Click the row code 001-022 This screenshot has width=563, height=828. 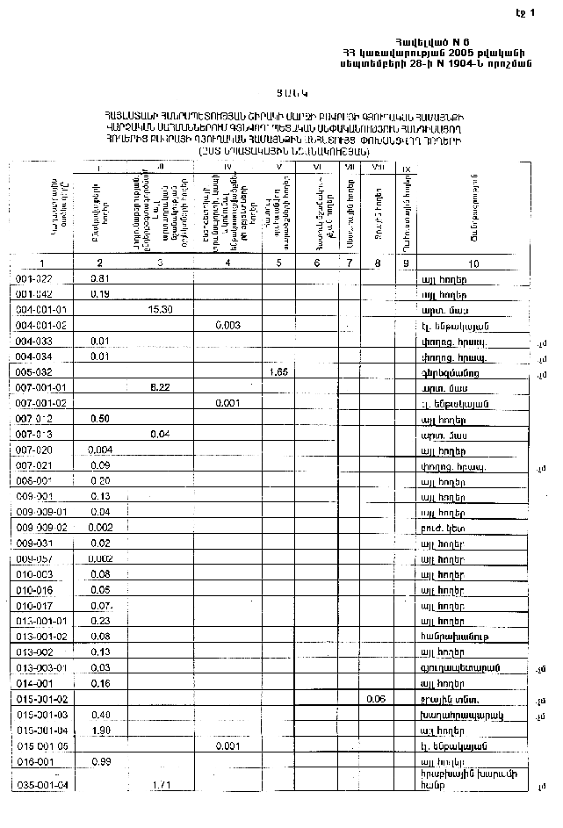[35, 278]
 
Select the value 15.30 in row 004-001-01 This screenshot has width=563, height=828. [159, 310]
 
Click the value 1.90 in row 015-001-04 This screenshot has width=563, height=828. [99, 730]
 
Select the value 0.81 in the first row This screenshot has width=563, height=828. [99, 278]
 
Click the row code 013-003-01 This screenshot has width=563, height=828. [42, 667]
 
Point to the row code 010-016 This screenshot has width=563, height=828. [35, 589]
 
